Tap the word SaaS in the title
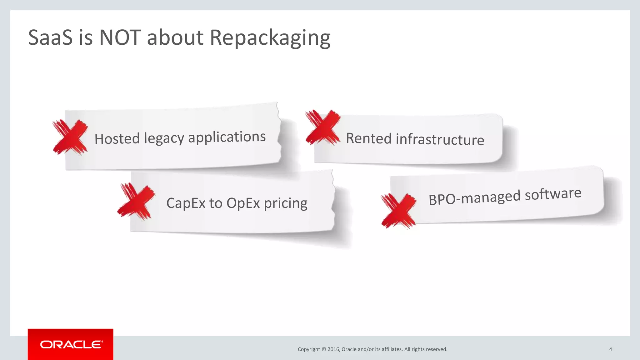point(50,37)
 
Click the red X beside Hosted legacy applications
point(70,137)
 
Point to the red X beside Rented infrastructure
point(322,127)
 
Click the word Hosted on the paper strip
point(117,139)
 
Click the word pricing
point(286,203)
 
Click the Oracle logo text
point(71,344)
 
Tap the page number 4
point(610,349)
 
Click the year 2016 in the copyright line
point(333,349)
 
